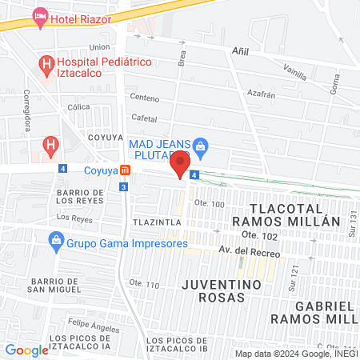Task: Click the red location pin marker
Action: click(180, 165)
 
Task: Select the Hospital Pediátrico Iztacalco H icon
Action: click(47, 62)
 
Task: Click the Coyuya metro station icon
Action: click(125, 170)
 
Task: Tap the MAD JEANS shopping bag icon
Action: click(201, 146)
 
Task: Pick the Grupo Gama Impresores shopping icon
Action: click(56, 239)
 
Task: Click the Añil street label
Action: click(239, 50)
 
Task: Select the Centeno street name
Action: click(145, 98)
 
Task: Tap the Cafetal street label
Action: click(144, 118)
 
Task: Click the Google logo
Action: click(26, 350)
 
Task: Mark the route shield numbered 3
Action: click(122, 186)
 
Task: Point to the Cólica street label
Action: click(78, 106)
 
